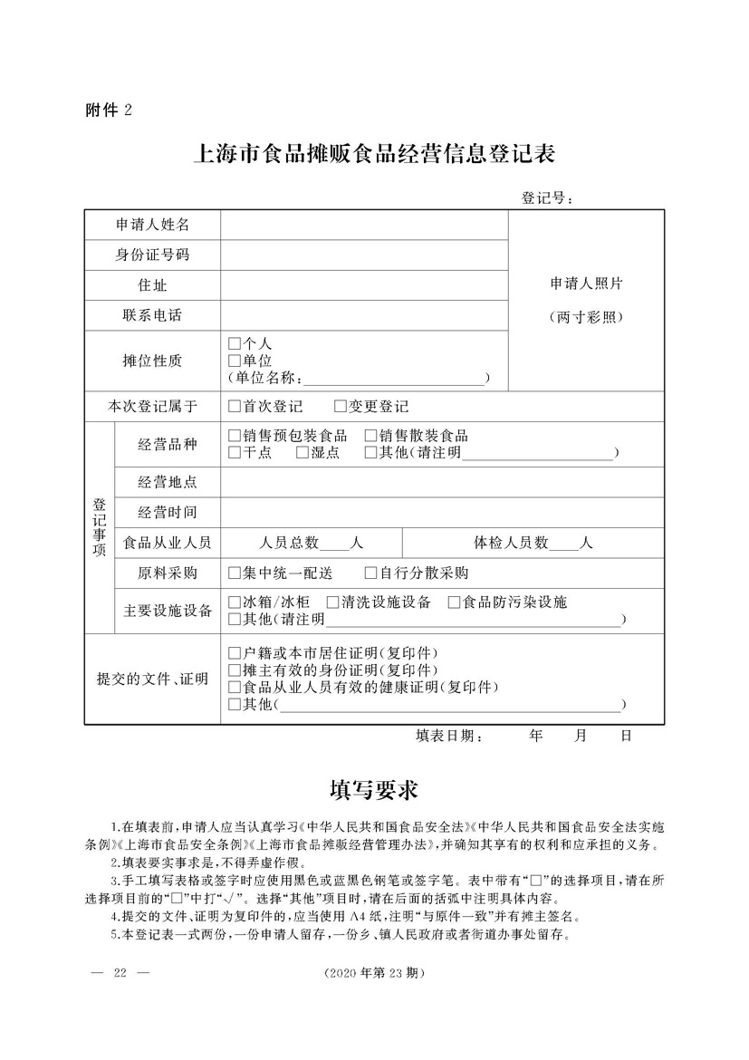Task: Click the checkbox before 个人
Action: (235, 344)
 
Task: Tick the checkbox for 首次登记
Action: (235, 407)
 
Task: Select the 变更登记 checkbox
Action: (341, 407)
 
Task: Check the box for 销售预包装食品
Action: (235, 437)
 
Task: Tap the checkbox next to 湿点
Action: (302, 453)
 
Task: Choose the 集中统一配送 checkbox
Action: (235, 573)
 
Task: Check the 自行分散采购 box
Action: (370, 573)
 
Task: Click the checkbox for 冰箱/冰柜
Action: (235, 602)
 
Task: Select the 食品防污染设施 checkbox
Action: (455, 602)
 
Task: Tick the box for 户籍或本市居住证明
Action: (235, 653)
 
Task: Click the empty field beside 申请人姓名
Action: (363, 225)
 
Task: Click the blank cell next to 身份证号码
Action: (363, 255)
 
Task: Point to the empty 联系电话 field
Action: (363, 315)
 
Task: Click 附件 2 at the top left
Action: (109, 111)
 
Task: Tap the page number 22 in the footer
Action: (119, 974)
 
